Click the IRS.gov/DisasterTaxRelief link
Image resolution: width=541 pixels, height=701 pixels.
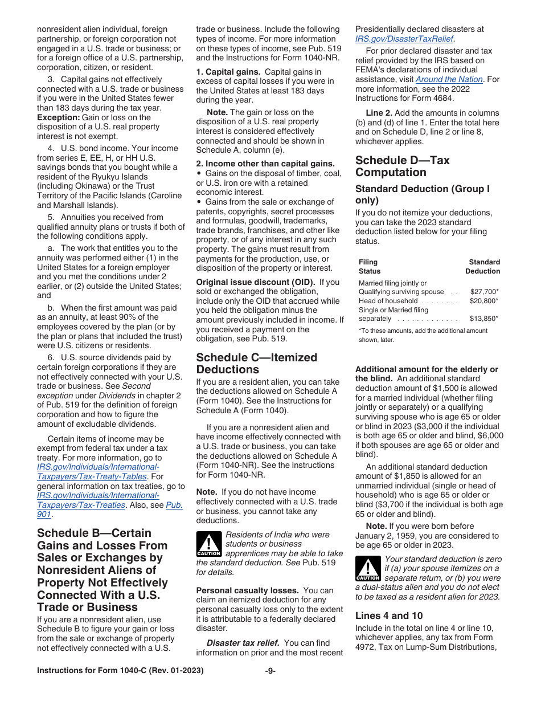[405, 39]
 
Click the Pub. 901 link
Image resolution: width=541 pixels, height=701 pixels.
[174, 505]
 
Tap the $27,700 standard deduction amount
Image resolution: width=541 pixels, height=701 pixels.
[483, 292]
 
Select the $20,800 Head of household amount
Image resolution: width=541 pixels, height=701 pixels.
[483, 301]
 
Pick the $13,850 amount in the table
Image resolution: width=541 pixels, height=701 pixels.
[483, 319]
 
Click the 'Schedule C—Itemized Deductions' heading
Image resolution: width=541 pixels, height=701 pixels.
[256, 364]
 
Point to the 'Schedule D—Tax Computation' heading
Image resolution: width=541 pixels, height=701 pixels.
[402, 166]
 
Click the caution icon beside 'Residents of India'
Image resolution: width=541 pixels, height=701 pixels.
[208, 544]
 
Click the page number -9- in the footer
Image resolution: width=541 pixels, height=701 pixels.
[270, 671]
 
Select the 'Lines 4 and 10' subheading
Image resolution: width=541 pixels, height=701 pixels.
[389, 616]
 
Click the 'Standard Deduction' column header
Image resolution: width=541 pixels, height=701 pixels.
[483, 267]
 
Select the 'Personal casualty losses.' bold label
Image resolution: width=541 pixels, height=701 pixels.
[247, 590]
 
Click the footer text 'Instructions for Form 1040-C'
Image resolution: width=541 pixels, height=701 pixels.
[120, 671]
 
